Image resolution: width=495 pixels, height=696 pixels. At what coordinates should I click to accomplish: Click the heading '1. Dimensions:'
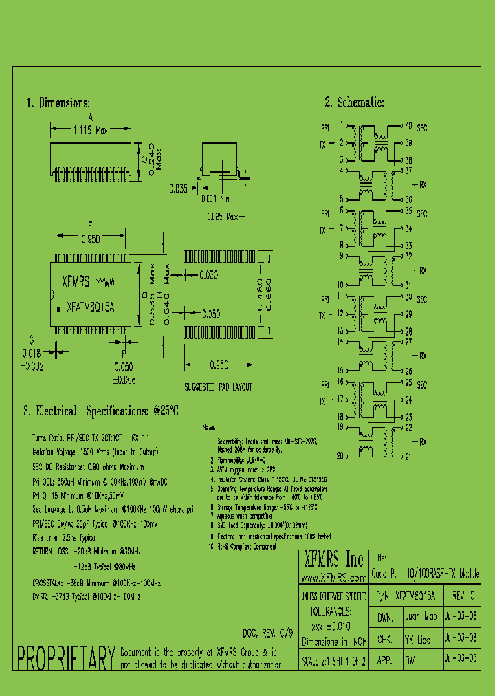click(x=58, y=103)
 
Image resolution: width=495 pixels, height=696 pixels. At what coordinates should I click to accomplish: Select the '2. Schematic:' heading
click(x=354, y=102)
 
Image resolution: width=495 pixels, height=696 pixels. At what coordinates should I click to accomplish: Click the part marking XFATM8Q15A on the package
click(x=91, y=307)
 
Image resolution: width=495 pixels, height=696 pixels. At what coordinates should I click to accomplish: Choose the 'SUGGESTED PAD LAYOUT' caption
click(x=218, y=387)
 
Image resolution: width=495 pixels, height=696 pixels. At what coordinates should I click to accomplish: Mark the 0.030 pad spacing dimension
click(x=209, y=276)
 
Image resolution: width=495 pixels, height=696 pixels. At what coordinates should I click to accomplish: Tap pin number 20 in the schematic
click(x=340, y=455)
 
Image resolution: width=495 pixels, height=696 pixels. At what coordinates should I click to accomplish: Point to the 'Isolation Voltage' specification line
click(x=95, y=452)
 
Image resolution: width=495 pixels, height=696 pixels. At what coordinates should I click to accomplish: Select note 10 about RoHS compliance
click(x=242, y=547)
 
